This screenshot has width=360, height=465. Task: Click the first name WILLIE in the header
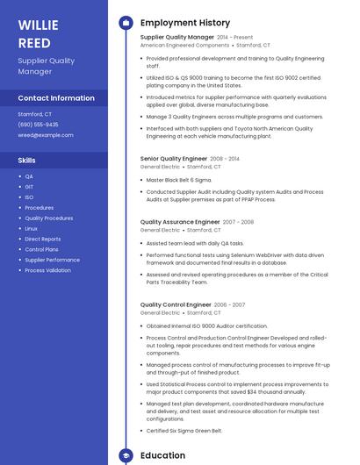35,24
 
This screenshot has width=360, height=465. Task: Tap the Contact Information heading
56,98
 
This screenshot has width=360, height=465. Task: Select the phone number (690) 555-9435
39,125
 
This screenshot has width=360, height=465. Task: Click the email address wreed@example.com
46,135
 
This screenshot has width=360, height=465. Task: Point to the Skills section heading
27,161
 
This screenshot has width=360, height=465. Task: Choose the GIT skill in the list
29,187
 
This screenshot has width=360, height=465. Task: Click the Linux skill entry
31,228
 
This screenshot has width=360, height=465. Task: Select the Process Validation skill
47,270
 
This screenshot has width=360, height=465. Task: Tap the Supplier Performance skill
52,260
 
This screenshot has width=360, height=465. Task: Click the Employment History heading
184,23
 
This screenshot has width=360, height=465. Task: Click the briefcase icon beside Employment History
125,23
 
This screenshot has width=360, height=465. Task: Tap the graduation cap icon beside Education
125,455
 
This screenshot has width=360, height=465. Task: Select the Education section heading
162,455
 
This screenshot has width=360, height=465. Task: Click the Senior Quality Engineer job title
174,159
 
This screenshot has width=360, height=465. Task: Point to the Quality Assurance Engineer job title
180,222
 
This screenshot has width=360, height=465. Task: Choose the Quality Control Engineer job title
176,305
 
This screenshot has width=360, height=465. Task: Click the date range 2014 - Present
235,38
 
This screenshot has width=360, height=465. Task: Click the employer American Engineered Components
184,45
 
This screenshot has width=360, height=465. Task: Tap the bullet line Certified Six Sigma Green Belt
184,431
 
